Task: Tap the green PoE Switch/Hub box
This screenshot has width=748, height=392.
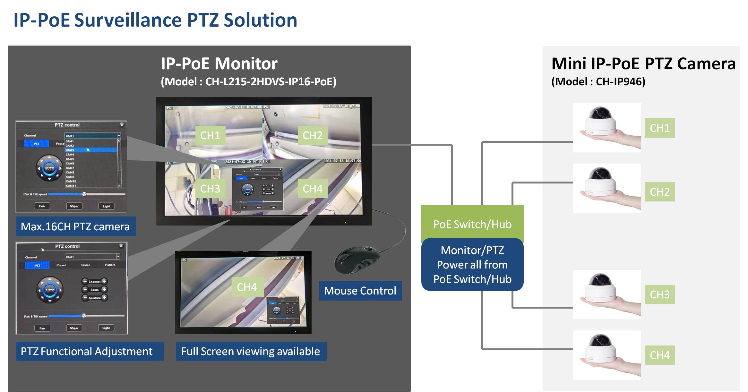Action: click(x=472, y=224)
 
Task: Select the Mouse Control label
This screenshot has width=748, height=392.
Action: click(x=360, y=291)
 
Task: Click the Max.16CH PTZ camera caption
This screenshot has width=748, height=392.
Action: click(x=75, y=226)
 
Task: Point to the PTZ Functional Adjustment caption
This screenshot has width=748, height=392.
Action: click(x=87, y=351)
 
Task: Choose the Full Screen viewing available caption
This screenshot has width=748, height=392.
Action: click(x=251, y=351)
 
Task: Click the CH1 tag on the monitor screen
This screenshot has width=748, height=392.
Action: click(x=210, y=135)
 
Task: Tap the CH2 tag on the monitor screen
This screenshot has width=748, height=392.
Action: click(x=313, y=135)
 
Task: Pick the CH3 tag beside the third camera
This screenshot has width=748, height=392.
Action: click(x=659, y=294)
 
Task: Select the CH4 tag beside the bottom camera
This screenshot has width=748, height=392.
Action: click(x=659, y=355)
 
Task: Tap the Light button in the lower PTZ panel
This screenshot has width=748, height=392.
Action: click(x=106, y=328)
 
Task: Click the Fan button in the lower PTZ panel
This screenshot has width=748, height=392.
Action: click(x=42, y=328)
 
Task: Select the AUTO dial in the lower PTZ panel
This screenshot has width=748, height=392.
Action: click(x=50, y=290)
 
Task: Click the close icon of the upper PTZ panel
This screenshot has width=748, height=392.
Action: click(x=122, y=125)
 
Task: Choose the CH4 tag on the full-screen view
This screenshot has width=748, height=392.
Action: click(x=247, y=287)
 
